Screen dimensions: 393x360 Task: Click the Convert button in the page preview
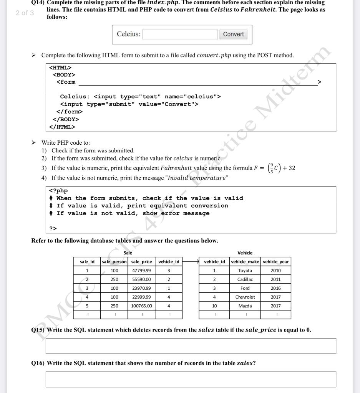tap(233, 34)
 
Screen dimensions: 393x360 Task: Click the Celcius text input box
tap(180, 34)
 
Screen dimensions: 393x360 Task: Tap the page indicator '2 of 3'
tap(25, 13)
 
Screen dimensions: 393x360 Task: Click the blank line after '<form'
tap(198, 82)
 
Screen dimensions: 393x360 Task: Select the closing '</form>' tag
tap(69, 112)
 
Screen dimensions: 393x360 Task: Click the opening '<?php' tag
tap(58, 191)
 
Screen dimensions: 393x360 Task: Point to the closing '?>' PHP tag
tap(53, 229)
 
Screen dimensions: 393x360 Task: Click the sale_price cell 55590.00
tap(141, 279)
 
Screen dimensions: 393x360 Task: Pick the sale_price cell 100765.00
tap(141, 306)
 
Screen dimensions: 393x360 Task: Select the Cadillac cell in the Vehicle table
tap(245, 279)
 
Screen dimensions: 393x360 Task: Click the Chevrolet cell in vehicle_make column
tap(245, 297)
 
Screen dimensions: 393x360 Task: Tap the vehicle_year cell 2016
tap(275, 288)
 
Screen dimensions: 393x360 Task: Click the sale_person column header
tap(114, 262)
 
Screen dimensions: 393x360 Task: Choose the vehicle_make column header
tap(245, 262)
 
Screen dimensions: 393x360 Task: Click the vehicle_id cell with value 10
tap(214, 306)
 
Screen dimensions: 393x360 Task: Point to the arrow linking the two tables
tap(191, 262)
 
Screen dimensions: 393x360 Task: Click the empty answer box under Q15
tap(191, 346)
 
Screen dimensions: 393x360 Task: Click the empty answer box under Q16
tap(191, 379)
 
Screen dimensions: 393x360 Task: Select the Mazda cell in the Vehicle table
tap(245, 306)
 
